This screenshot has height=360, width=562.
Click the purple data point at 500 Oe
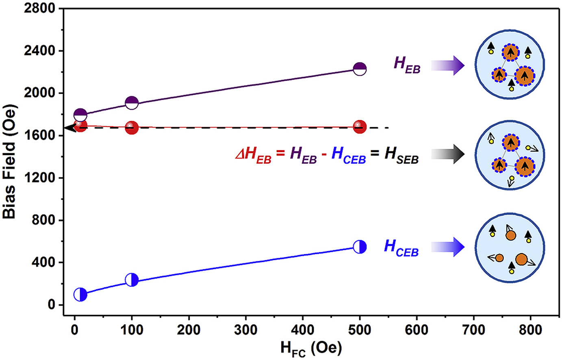360,69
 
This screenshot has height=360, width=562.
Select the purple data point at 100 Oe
132,103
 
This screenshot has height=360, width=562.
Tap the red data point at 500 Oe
360,127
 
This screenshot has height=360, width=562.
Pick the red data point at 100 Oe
132,128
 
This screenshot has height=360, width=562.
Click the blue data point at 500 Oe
360,247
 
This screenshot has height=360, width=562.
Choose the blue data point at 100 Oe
132,280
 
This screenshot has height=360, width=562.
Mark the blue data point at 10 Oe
80,295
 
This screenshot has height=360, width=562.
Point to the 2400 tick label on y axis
39,51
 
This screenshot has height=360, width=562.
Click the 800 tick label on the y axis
43,220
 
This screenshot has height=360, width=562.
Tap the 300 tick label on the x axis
246,330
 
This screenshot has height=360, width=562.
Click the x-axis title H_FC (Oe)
311,348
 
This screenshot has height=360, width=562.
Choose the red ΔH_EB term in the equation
253,156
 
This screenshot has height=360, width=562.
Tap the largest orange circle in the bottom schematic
521,259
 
